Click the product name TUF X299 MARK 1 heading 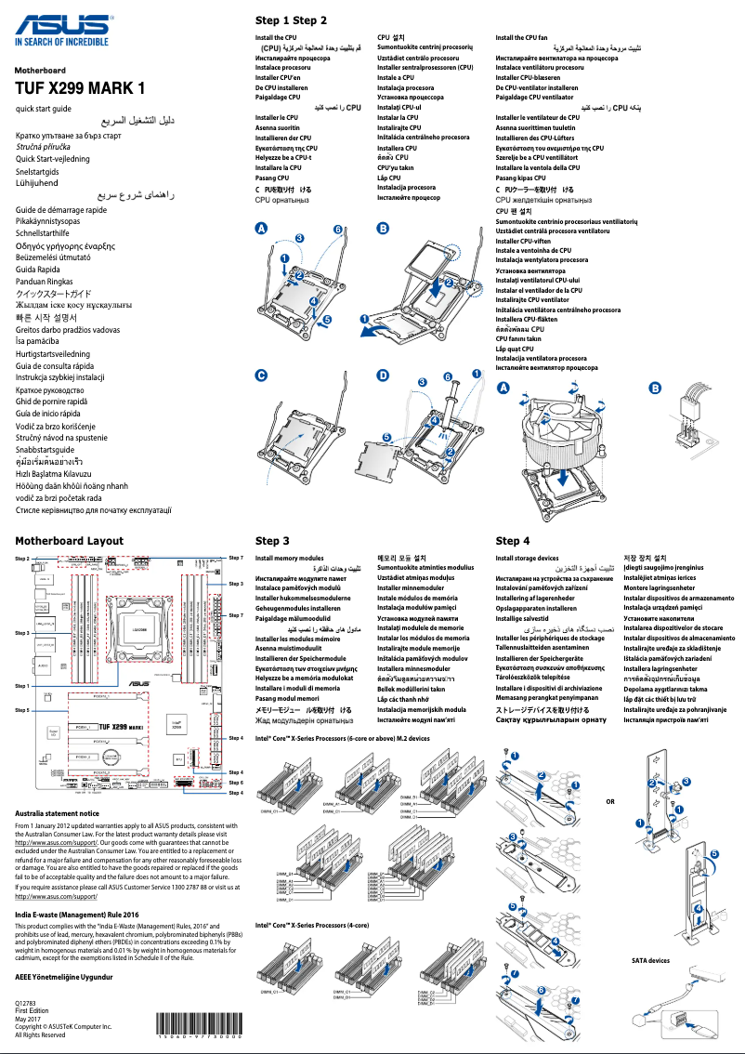(x=81, y=89)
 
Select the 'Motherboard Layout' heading (x=69, y=540)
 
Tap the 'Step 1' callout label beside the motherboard (x=22, y=686)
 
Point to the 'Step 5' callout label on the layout (x=22, y=709)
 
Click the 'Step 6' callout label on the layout (x=236, y=783)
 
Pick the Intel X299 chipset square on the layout (x=177, y=723)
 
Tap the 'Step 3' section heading (x=272, y=540)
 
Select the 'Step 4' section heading (x=513, y=540)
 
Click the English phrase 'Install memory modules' (x=289, y=558)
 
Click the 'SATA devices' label (x=650, y=961)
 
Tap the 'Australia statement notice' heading (x=64, y=813)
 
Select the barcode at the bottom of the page (x=200, y=1034)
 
